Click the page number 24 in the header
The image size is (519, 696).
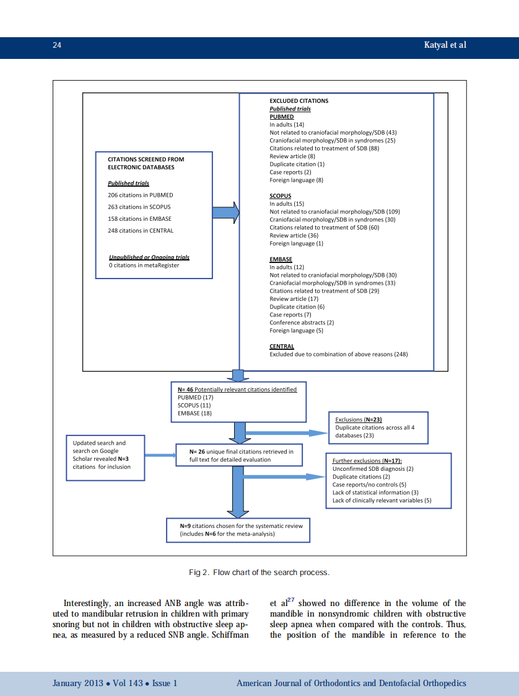coord(56,45)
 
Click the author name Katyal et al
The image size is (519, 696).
coord(445,45)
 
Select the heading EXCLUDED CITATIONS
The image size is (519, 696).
coord(299,100)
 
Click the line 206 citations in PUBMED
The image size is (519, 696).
coord(140,195)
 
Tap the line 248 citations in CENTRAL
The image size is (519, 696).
coord(141,230)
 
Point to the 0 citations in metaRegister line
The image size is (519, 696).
coord(143,265)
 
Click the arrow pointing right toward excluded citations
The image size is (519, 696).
coord(225,213)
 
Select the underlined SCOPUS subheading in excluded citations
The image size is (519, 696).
coord(280,196)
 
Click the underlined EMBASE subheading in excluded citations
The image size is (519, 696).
coord(281,259)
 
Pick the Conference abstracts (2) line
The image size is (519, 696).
coord(302,323)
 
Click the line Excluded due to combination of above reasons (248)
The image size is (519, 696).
coord(338,354)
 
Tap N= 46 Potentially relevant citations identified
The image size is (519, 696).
coord(237,390)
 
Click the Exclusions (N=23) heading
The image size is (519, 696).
coord(359,420)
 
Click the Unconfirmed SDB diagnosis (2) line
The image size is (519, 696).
coord(373,469)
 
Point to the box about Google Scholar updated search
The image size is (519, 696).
coord(105,457)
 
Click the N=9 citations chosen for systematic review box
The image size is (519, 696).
coord(238,529)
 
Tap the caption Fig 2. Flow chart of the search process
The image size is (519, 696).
coord(259,572)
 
